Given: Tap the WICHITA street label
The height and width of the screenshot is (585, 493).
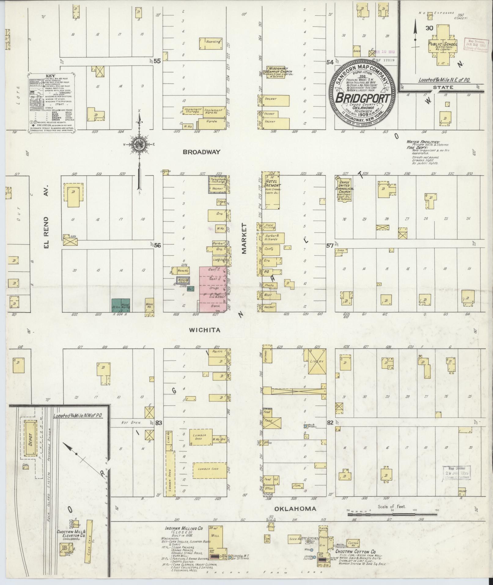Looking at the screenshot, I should point(204,330).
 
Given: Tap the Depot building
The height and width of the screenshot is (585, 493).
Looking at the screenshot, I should point(30,439).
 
